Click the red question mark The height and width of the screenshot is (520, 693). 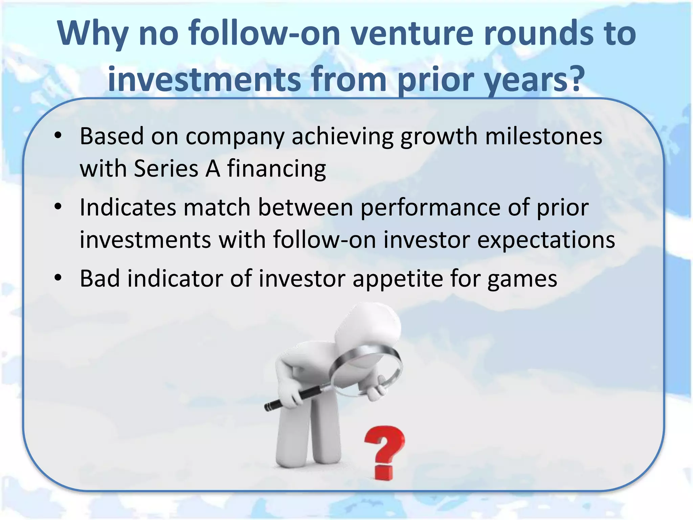coord(384,452)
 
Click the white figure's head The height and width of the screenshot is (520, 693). coord(369,325)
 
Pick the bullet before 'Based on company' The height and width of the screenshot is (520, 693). coord(58,135)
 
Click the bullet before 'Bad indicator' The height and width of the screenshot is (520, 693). coord(58,278)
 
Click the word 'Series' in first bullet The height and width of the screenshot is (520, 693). coord(166,168)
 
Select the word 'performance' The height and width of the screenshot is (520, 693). coord(430,207)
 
